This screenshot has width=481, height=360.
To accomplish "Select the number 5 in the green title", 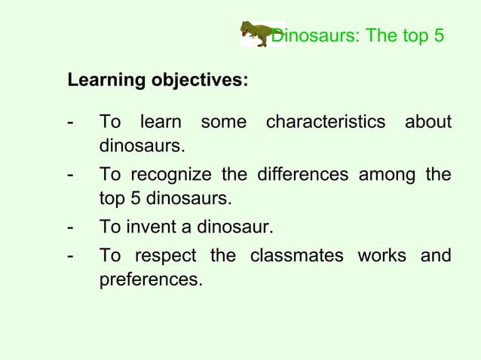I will tap(438, 35).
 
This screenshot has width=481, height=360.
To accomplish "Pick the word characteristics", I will tap(325, 122).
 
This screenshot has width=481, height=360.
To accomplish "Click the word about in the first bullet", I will tap(427, 122).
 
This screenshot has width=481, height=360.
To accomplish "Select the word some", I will tap(223, 122).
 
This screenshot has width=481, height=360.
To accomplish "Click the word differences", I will tap(302, 175).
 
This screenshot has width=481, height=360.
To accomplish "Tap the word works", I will tap(381, 255).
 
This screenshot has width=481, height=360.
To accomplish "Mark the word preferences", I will tap(151, 280).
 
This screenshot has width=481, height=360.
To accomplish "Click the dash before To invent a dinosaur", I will tap(70, 227).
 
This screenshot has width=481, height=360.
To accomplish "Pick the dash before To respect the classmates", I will tap(70, 255).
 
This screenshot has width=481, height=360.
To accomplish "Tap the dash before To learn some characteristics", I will tap(70, 122).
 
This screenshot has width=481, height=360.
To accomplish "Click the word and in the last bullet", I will tap(435, 255).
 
